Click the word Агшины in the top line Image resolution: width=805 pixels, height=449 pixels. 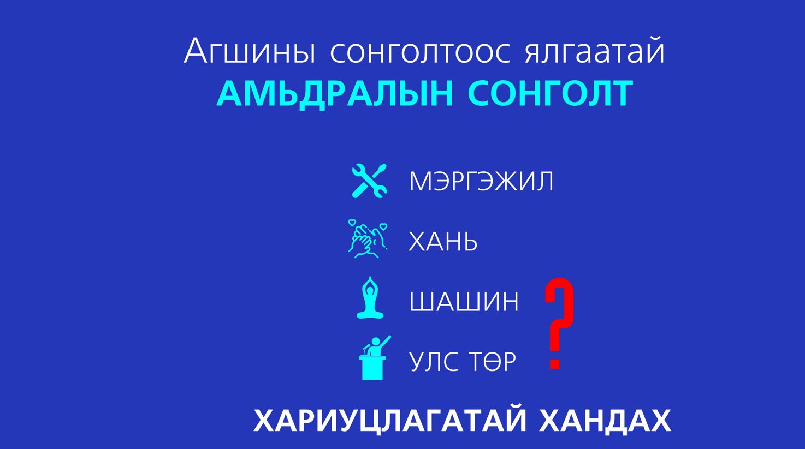(250, 51)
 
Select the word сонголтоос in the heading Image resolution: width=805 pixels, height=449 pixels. (421, 53)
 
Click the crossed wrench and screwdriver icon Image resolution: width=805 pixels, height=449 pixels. (369, 181)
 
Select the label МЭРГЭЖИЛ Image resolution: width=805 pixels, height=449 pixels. (481, 181)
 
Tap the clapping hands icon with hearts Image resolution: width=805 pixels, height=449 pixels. (368, 238)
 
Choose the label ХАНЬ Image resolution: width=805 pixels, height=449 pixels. (443, 241)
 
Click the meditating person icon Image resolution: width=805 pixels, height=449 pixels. (370, 297)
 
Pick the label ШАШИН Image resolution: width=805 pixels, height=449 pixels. (464, 301)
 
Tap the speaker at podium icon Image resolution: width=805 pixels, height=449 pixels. (374, 357)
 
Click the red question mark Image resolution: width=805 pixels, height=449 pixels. (559, 324)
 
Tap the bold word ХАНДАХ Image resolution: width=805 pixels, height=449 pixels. (605, 421)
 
